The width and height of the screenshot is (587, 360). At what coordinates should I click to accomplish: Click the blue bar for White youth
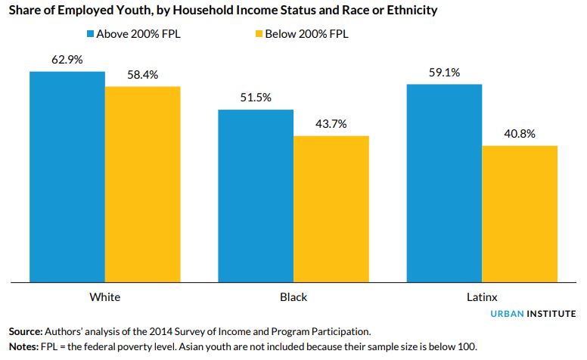67,177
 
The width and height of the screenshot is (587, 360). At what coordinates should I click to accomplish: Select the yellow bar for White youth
143,185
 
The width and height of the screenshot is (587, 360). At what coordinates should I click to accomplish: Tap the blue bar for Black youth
256,196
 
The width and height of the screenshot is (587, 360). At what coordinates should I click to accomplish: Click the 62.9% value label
67,60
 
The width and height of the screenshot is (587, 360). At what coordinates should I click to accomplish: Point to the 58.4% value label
143,75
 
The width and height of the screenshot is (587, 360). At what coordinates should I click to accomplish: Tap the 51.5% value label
256,98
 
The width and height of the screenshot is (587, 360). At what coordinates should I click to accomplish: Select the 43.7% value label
331,124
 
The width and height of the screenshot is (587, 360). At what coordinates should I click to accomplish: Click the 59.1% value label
444,73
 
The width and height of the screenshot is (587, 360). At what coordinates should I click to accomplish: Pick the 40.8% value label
520,134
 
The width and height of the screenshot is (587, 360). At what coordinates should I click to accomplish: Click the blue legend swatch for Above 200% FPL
89,34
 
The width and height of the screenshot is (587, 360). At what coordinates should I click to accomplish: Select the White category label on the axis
104,296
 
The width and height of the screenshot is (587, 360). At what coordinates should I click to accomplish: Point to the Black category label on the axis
293,296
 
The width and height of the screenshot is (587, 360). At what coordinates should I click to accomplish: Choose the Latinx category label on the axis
482,296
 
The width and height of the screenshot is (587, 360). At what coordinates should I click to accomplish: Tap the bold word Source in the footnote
26,332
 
